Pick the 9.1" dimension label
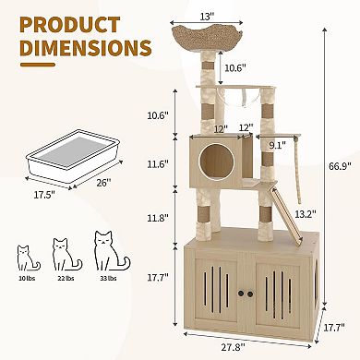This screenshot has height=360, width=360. [x=277, y=143]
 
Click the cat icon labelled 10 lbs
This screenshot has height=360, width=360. [x=24, y=258]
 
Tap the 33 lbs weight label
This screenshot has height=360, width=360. [x=105, y=277]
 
